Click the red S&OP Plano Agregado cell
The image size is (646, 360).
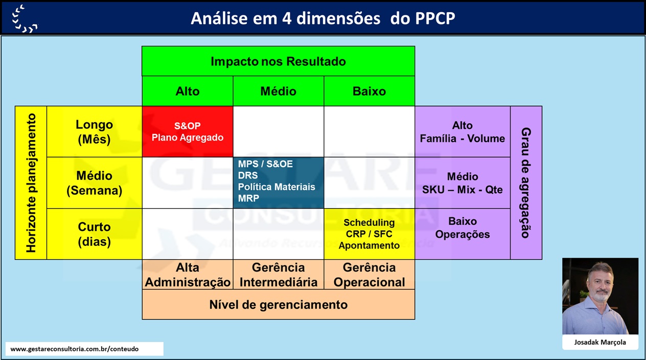tap(188, 131)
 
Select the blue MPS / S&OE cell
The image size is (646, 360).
tap(279, 183)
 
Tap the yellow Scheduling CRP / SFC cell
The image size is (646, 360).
tap(370, 234)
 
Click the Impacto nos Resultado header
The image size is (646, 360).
tap(279, 61)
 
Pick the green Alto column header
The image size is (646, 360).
tap(188, 91)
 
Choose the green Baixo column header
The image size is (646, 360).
tap(370, 91)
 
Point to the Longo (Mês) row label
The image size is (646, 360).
tap(95, 131)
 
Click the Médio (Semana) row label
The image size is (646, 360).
tap(95, 183)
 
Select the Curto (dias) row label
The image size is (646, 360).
tap(95, 234)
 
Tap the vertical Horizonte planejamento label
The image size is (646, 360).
tap(31, 183)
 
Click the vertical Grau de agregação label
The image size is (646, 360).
tap(526, 183)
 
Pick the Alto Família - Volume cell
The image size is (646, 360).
tap(463, 131)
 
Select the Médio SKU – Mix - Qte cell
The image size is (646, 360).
tap(463, 183)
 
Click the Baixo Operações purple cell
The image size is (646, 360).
tap(463, 234)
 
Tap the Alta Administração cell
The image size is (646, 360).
tap(188, 274)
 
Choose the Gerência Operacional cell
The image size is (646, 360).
tap(370, 274)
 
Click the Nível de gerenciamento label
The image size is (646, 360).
tap(279, 304)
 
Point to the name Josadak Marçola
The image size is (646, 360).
tap(600, 343)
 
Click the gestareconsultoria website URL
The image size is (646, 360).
tap(75, 349)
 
